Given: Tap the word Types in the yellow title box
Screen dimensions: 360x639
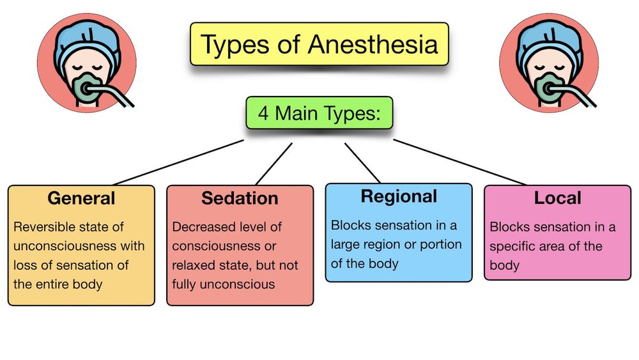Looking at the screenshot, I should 233,45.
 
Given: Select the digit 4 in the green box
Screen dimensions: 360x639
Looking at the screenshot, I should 263,114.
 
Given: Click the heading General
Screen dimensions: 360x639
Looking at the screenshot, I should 81,198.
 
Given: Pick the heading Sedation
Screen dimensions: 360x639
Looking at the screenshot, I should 240,198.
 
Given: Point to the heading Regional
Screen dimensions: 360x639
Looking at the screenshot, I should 399,196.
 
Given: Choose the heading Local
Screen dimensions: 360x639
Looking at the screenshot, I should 557,198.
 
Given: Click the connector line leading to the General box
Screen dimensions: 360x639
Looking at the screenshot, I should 179,162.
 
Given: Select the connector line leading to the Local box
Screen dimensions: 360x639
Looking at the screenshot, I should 460,162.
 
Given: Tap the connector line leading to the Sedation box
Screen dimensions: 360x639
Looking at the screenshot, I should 273,164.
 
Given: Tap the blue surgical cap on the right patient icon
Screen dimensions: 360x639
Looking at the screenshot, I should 550,42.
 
